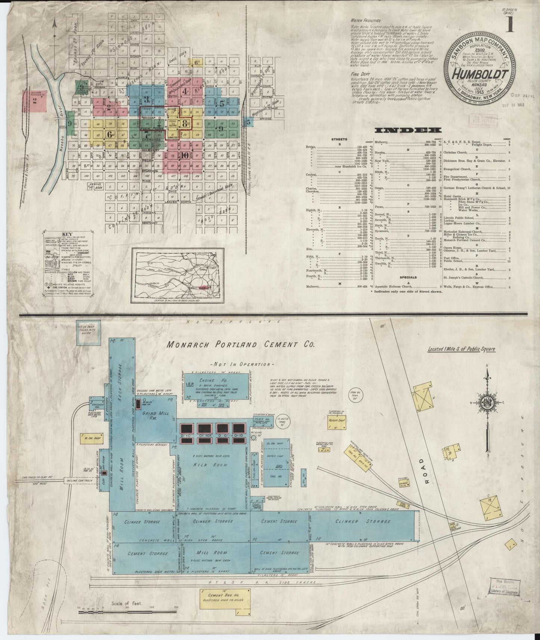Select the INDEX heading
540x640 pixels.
click(408, 130)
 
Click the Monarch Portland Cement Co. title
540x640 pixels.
click(241, 345)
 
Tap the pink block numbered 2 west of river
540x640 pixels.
click(35, 100)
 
